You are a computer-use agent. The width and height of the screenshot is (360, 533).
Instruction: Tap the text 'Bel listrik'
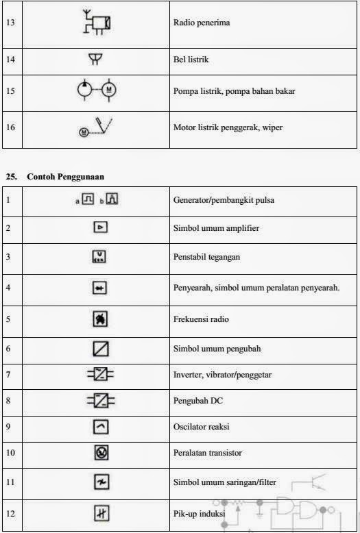192,60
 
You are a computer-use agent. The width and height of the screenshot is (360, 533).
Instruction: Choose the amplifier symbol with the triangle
101,227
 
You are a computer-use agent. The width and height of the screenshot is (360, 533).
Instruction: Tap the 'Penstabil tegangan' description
206,258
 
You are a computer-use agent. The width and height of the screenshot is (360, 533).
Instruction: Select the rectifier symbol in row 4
101,288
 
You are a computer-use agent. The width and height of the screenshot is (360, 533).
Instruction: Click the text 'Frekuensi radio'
201,319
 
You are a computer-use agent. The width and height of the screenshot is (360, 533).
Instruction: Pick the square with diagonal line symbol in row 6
101,349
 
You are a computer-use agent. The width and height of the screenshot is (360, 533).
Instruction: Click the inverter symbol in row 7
101,375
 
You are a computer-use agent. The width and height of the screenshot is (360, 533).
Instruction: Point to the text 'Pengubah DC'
196,400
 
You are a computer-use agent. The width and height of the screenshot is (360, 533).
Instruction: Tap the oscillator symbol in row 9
101,426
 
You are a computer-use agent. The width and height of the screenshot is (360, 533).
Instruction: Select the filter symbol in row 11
101,482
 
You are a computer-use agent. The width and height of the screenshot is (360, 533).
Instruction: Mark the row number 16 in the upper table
10,127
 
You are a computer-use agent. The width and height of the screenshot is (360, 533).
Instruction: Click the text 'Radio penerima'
201,23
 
